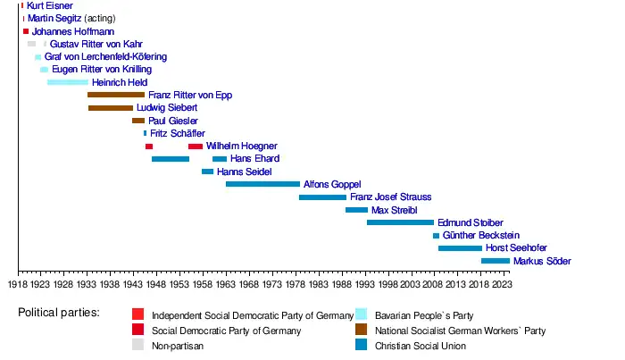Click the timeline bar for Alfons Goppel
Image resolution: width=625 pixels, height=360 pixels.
point(262,184)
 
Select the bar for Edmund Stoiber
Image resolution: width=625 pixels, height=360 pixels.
point(400,222)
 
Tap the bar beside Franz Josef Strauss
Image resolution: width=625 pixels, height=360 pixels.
point(322,197)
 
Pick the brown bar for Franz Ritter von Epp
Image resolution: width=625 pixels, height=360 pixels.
point(115,95)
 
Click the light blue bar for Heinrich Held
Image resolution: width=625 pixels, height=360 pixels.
point(68,82)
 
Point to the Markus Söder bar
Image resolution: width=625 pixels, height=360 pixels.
point(496,261)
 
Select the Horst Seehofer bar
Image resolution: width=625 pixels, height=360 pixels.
point(460,248)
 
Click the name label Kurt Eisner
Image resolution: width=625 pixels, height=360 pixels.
point(50,6)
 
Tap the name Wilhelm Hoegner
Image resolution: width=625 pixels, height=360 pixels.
point(241,146)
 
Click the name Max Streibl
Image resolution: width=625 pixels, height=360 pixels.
point(394,210)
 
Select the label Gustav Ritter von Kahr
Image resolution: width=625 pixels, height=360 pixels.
point(96,44)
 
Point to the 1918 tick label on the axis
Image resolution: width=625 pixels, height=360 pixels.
point(19,284)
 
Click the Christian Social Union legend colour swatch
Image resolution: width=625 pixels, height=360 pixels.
point(362,345)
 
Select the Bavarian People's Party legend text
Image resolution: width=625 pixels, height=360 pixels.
point(424,315)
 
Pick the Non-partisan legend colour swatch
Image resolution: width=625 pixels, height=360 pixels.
point(137,345)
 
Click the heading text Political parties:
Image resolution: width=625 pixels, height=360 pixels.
point(59,314)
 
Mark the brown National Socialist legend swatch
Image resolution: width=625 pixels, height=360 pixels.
point(362,330)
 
